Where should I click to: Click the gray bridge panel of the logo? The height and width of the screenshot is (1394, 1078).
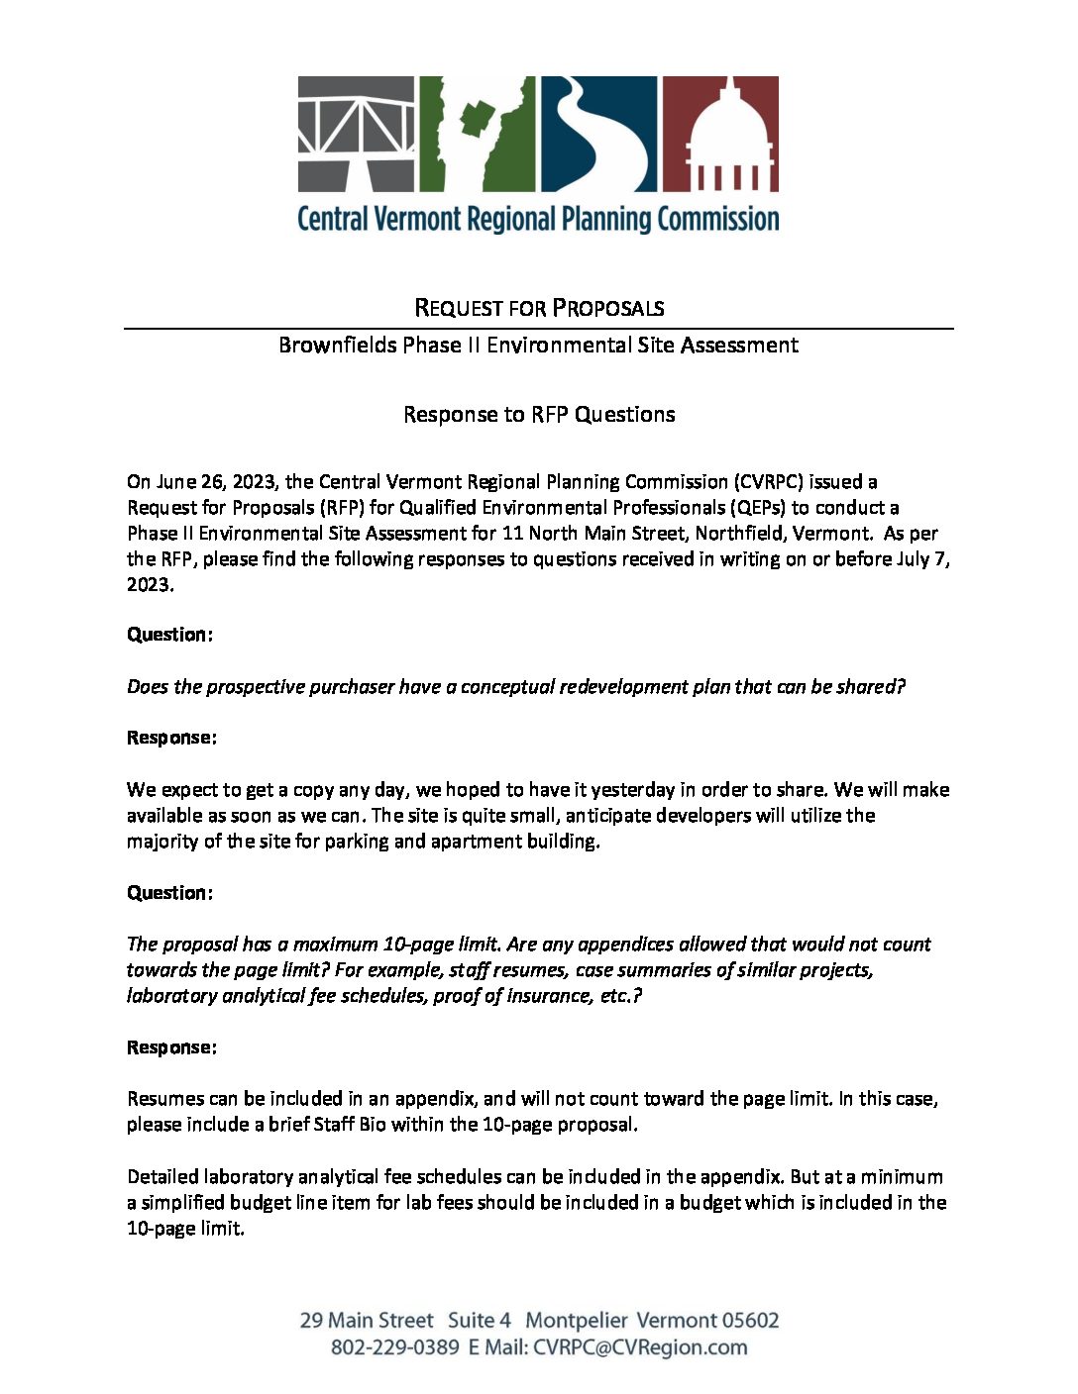coord(357,134)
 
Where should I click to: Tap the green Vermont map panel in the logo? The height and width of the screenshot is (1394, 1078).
coord(478,134)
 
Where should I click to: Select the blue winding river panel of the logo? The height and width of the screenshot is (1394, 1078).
coord(598,134)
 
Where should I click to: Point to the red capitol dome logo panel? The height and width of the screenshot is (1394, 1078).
coord(720,134)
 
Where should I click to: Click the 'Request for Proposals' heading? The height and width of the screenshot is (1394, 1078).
coord(539,308)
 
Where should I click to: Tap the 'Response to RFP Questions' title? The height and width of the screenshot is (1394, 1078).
coord(539,414)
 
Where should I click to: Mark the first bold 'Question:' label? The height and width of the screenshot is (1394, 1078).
coord(169,635)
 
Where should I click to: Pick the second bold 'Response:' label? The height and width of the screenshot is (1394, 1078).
coord(171,1047)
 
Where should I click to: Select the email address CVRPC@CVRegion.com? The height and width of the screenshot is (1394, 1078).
coord(640,1347)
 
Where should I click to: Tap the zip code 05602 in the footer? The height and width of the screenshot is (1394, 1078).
coord(750,1321)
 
